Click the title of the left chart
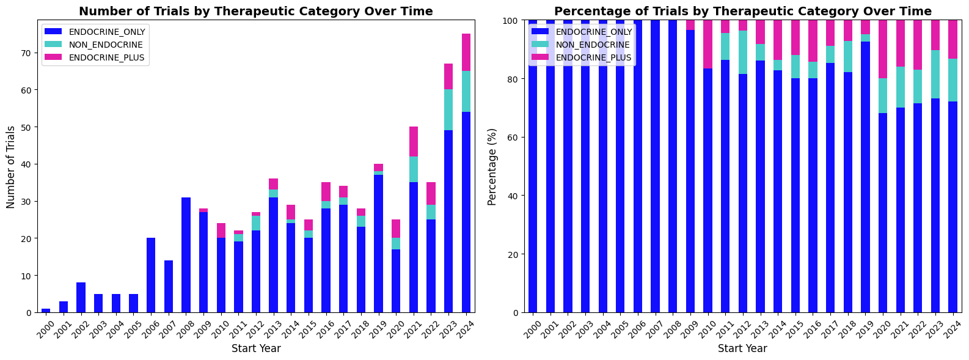(x=255, y=11)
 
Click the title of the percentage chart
(x=742, y=11)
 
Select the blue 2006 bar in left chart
(x=151, y=275)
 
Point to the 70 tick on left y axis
(x=26, y=53)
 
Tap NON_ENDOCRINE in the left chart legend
(x=106, y=45)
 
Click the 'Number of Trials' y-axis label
(x=10, y=166)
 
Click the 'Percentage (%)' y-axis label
(x=492, y=166)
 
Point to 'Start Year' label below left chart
(x=255, y=349)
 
